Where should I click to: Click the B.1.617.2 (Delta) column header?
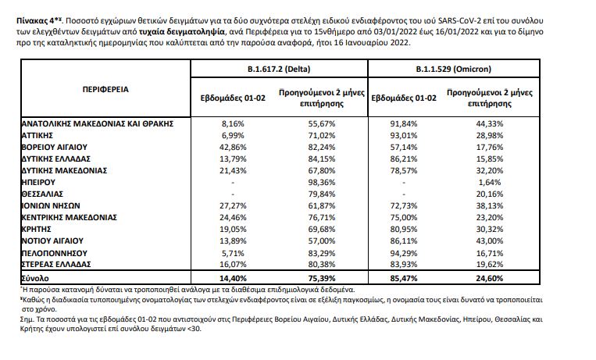[279, 70]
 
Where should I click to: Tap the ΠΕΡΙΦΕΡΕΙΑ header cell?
[106, 89]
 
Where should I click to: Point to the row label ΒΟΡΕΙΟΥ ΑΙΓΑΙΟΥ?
[52, 146]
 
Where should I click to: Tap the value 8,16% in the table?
[233, 123]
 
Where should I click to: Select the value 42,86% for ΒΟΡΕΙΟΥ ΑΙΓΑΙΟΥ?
[233, 146]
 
